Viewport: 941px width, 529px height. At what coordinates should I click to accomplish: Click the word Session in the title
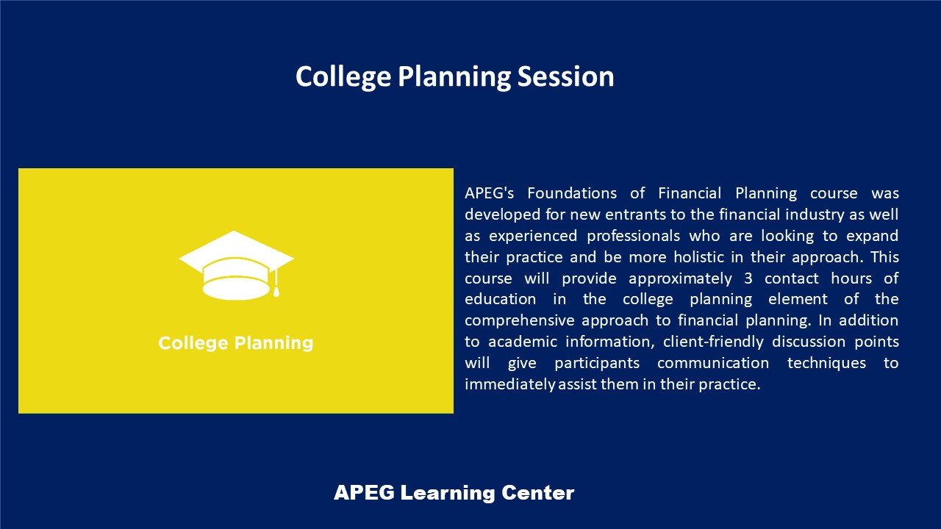click(565, 77)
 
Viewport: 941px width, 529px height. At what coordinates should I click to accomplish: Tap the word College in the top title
click(343, 78)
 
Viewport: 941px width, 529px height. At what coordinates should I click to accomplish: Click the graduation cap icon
click(236, 265)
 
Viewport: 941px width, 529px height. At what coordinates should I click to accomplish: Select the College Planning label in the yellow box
click(236, 343)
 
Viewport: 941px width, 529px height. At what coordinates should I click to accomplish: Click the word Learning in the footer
click(448, 493)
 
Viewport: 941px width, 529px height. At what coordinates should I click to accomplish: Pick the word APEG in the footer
click(364, 492)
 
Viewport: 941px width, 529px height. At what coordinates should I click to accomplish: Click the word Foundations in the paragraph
click(572, 193)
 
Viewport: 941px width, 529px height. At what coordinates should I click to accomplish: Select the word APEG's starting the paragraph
click(490, 193)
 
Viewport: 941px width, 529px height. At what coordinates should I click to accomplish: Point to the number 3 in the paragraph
click(748, 278)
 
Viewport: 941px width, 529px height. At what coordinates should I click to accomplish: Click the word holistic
click(698, 257)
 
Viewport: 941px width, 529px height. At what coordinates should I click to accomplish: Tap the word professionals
click(633, 236)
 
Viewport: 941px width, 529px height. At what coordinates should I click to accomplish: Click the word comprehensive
click(519, 321)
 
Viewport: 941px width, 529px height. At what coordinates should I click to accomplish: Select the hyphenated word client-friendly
click(713, 342)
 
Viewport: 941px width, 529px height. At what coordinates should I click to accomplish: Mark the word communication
click(713, 363)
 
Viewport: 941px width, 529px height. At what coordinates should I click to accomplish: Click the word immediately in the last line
click(510, 384)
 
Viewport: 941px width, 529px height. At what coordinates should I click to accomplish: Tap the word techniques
click(826, 363)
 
